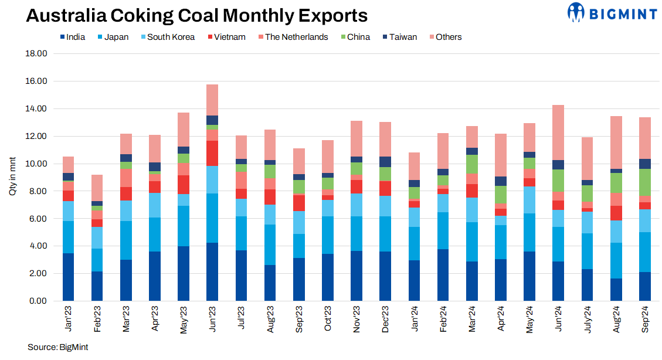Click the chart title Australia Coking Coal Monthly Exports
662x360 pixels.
click(197, 15)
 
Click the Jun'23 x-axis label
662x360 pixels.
click(212, 318)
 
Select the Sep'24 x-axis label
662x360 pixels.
click(645, 318)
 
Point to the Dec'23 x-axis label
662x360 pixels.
click(385, 318)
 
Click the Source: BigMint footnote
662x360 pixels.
click(57, 347)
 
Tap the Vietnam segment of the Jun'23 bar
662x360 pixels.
click(212, 153)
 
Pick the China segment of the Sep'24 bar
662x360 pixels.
click(645, 182)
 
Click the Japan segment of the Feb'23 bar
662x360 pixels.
click(97, 260)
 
